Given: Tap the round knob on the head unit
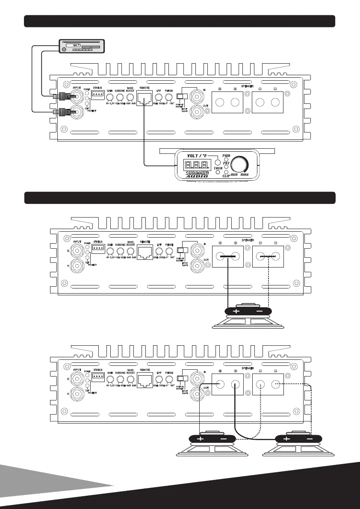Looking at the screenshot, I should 64,50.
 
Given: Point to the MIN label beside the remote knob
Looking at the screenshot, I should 234,175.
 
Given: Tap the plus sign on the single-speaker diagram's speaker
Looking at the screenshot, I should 236,311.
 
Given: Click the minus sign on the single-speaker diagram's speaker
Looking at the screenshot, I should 260,311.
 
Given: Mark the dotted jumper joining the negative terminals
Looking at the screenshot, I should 268,257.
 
